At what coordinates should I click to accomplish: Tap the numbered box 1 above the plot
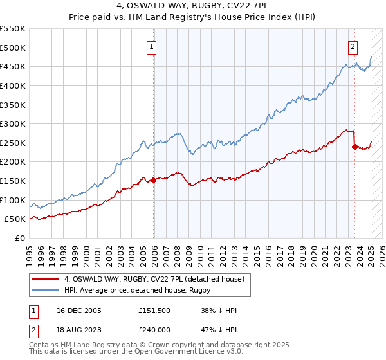coord(151,46)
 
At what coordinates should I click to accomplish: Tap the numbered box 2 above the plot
coord(353,46)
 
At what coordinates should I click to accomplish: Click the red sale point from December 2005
coord(154,181)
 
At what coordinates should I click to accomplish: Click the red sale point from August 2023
coord(354,147)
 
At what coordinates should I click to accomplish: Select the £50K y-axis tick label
coord(15,219)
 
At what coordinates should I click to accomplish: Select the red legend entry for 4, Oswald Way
coord(154,279)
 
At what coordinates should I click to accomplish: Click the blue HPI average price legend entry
coord(141,290)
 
